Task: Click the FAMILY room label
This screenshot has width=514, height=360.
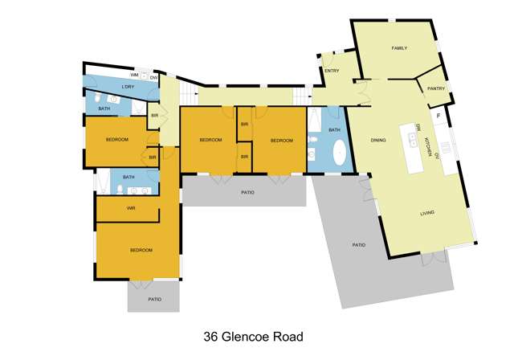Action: click(399, 48)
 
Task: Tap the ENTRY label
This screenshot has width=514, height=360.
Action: click(332, 71)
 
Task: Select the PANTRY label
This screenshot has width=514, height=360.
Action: click(436, 88)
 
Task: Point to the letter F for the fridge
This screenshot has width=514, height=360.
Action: click(438, 117)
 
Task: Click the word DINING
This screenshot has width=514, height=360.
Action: click(378, 141)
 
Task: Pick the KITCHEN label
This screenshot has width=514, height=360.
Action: click(428, 146)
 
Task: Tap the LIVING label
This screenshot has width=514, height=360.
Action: click(427, 213)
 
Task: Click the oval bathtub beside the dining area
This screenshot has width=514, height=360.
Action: click(341, 153)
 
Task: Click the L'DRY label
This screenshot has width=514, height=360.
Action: click(128, 87)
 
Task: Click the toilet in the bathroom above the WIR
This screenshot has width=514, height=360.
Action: click(119, 190)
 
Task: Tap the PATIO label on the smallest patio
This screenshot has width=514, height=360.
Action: click(154, 299)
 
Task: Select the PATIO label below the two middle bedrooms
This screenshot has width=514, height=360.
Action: click(247, 193)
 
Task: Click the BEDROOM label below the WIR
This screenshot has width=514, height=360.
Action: click(141, 251)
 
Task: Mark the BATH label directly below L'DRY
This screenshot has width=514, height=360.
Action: click(104, 108)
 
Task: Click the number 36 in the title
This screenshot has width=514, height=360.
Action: click(212, 337)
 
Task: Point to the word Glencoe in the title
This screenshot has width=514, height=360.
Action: click(251, 337)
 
